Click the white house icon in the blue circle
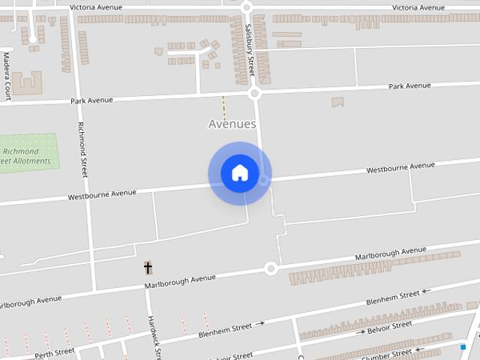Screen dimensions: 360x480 coord(239,173)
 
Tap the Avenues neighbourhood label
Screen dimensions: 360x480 coord(232,124)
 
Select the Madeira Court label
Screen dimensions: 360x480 coord(7,76)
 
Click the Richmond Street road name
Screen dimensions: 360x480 coord(83,149)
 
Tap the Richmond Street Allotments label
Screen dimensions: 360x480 coord(25,156)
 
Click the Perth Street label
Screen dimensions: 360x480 coord(55,352)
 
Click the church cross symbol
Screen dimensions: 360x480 coord(148,268)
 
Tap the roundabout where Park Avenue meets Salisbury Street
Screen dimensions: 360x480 coord(254,94)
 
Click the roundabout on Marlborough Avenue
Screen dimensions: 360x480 coord(271,268)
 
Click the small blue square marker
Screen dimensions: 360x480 coord(463,346)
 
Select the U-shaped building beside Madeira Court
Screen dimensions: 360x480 coord(27,82)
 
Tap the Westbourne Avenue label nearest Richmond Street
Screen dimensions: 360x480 coord(102,195)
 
